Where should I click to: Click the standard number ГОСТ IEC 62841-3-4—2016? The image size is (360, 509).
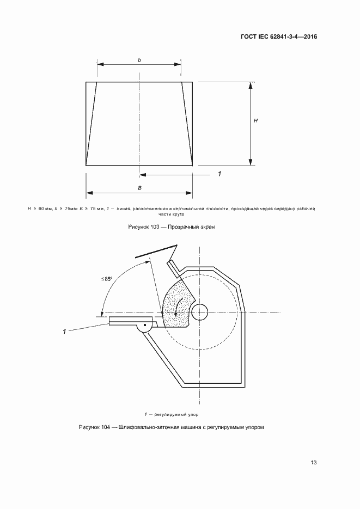point(279,36)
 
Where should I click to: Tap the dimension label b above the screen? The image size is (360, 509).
point(139,60)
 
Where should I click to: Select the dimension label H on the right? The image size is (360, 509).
point(256,121)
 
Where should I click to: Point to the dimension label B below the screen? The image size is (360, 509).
point(139,188)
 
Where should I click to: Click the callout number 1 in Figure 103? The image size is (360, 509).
point(219,174)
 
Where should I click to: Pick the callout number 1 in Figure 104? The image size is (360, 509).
point(65,332)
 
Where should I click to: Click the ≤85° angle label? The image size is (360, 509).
point(106,279)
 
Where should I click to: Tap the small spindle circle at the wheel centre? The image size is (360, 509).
point(200,312)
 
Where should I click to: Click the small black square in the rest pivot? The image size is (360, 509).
point(145,325)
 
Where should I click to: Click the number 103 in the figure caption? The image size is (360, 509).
point(155,227)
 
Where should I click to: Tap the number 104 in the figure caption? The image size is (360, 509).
point(105,427)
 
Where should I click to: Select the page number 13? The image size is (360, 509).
point(314,462)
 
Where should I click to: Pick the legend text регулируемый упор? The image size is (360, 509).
point(176,414)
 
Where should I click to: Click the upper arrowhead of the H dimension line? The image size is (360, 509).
point(251,85)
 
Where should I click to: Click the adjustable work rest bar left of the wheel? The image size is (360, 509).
point(130,321)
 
